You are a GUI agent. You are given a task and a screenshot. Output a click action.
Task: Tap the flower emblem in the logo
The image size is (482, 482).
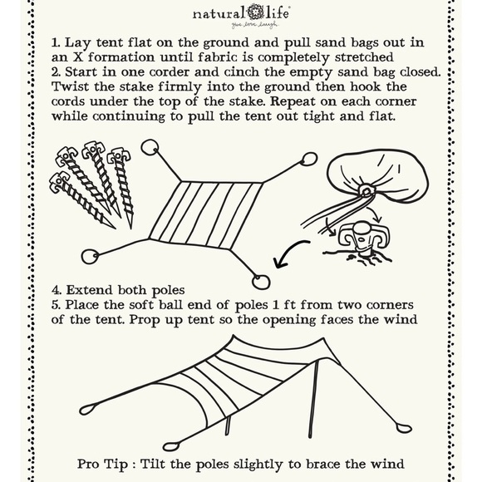261,14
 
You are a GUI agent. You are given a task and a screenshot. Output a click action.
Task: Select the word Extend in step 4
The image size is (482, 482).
97,291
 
